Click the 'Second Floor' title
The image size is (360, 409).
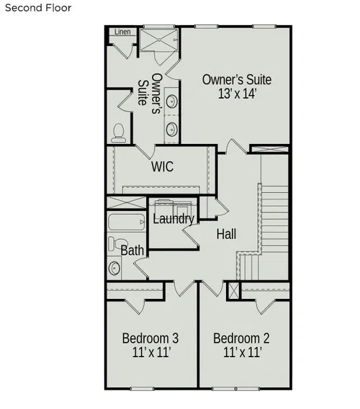pyautogui.click(x=38, y=8)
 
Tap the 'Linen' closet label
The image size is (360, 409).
pyautogui.click(x=122, y=32)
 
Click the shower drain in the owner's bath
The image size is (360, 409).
pyautogui.click(x=159, y=40)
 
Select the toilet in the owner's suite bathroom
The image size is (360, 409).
pyautogui.click(x=119, y=133)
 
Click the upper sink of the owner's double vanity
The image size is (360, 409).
pyautogui.click(x=171, y=102)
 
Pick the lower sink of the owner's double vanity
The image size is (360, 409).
pyautogui.click(x=171, y=129)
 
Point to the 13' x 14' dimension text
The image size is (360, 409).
pyautogui.click(x=238, y=94)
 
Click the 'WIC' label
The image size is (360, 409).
pyautogui.click(x=162, y=166)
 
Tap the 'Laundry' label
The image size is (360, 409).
pyautogui.click(x=174, y=219)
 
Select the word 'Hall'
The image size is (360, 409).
pyautogui.click(x=226, y=234)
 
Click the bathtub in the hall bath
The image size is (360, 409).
pyautogui.click(x=127, y=222)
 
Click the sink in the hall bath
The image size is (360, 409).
pyautogui.click(x=114, y=268)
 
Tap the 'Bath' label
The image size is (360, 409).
pyautogui.click(x=132, y=251)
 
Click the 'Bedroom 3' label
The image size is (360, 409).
pyautogui.click(x=150, y=338)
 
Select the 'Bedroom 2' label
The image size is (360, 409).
pyautogui.click(x=241, y=338)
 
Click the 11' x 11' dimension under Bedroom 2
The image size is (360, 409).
pyautogui.click(x=243, y=352)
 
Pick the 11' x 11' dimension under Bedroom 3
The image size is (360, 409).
pyautogui.click(x=152, y=352)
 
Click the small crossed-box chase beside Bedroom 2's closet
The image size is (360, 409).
pyautogui.click(x=234, y=291)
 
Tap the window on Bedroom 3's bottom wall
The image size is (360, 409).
pyautogui.click(x=142, y=389)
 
